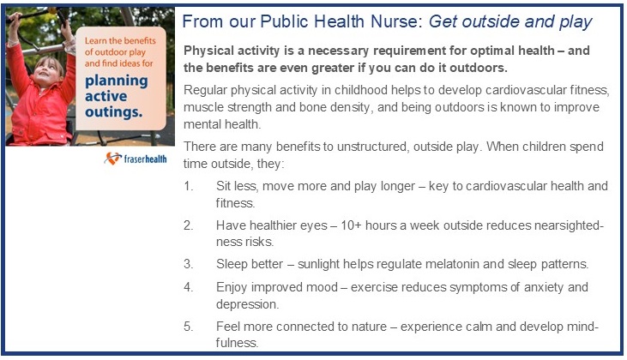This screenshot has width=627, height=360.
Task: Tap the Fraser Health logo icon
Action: point(112,159)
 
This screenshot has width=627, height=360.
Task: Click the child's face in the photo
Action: point(47,71)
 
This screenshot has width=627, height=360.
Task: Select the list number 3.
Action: point(189,264)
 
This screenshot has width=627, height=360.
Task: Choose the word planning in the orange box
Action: point(117,81)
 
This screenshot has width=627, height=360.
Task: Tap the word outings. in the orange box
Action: point(113,112)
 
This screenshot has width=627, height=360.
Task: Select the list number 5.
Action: point(189,327)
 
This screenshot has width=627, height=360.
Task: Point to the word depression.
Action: point(248,304)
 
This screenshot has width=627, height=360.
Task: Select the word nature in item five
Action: point(367,327)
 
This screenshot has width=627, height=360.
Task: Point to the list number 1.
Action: point(189,186)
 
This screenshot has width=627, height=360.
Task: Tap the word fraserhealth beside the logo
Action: point(145,159)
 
